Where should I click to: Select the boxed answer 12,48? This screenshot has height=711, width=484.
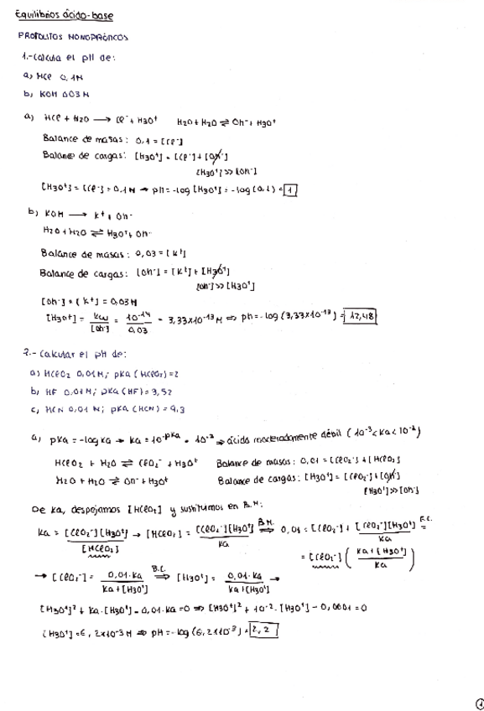(x=363, y=315)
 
